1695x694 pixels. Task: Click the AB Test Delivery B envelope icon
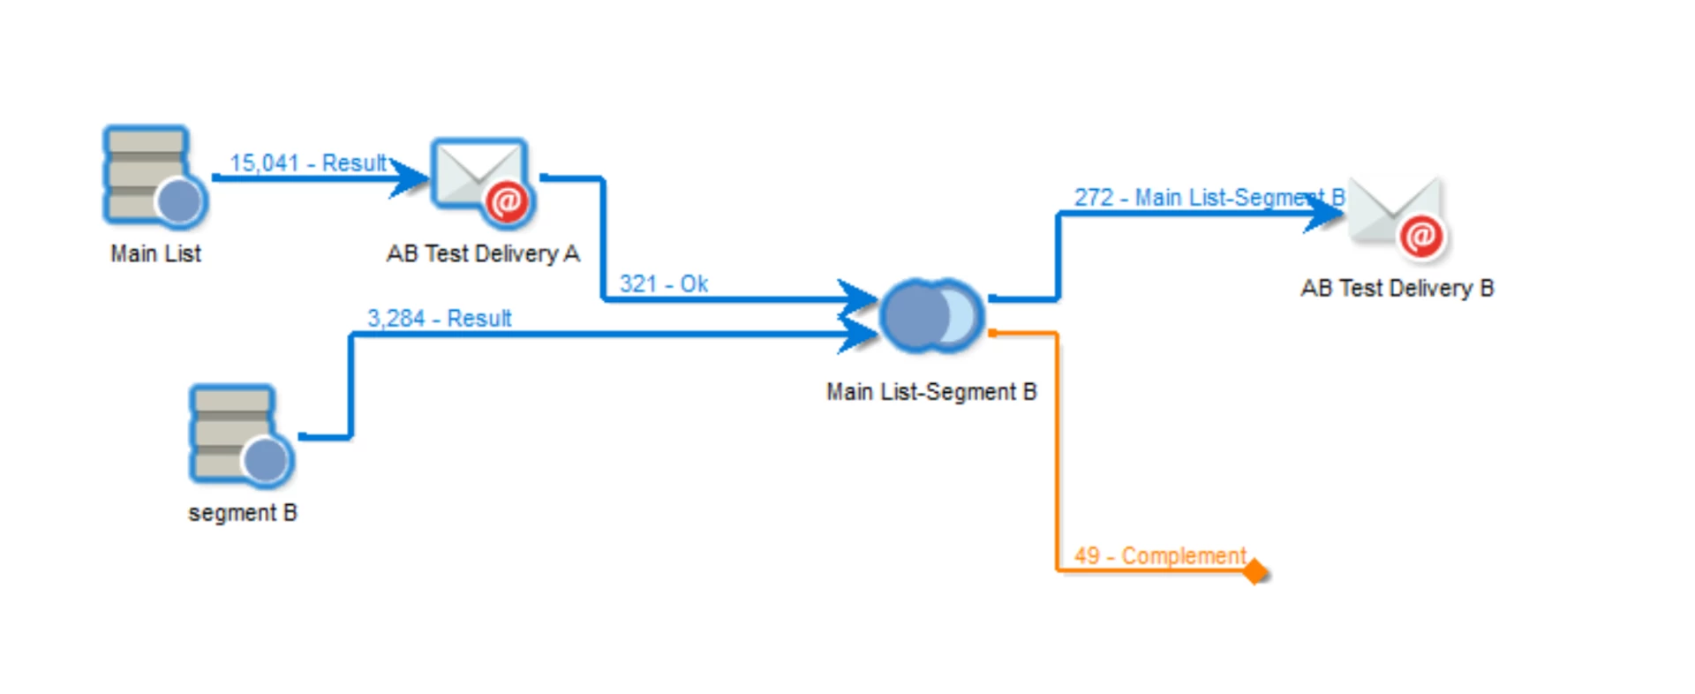tap(1397, 215)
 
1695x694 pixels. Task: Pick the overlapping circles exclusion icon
tap(931, 315)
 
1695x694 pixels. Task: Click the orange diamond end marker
tap(1254, 571)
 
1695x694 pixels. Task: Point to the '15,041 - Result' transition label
tap(308, 163)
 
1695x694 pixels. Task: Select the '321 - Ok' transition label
tap(664, 284)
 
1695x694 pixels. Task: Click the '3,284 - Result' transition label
tap(440, 319)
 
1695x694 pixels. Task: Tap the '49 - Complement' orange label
tap(1160, 556)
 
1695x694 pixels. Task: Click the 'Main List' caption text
tap(156, 254)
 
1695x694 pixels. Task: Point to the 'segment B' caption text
tap(243, 513)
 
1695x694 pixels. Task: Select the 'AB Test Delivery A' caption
tap(483, 254)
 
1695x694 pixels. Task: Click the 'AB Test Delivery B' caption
tap(1397, 289)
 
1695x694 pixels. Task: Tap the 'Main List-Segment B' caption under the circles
tap(931, 392)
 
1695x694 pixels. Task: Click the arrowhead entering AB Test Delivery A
tap(409, 178)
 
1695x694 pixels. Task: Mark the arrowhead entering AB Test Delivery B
tap(1324, 213)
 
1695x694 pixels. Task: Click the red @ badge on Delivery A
tap(507, 201)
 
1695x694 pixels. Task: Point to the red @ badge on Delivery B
tap(1420, 237)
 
